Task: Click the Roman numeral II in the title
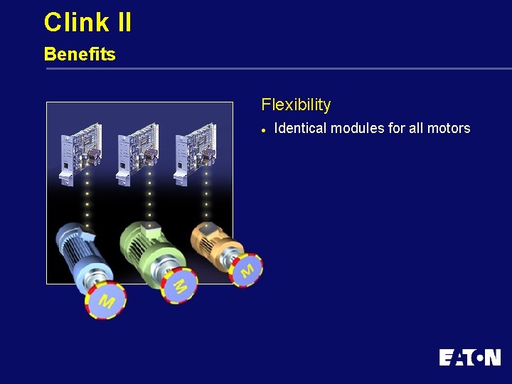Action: [x=122, y=22]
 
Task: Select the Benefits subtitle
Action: [x=80, y=54]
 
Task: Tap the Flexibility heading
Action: [x=296, y=105]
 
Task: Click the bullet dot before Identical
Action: [x=263, y=129]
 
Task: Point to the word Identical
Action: [x=300, y=129]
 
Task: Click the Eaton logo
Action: [x=469, y=357]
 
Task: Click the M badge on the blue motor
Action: [x=105, y=299]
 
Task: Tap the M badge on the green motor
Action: [x=179, y=285]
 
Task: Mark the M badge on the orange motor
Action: [x=246, y=270]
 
